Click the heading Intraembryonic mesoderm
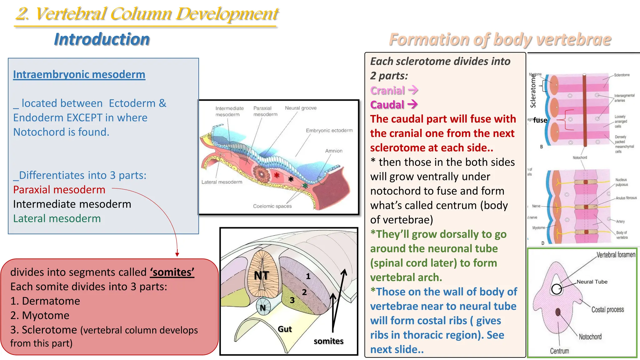point(79,74)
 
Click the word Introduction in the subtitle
point(102,39)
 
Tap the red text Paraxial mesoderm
point(59,190)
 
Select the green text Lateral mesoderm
point(57,218)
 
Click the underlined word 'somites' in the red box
point(172,272)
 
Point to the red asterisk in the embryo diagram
point(277,175)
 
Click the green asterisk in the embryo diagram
point(305,186)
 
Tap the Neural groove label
point(301,108)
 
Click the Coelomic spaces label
point(272,206)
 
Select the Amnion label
point(334,151)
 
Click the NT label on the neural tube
point(261,276)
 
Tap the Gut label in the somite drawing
point(285,329)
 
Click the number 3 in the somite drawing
point(292,300)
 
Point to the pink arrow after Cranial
point(413,90)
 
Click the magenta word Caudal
point(387,105)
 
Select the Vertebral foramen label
point(616,255)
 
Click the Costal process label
point(607,310)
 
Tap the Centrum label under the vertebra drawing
point(559,351)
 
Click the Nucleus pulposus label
point(621,182)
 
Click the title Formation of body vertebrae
point(500,40)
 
